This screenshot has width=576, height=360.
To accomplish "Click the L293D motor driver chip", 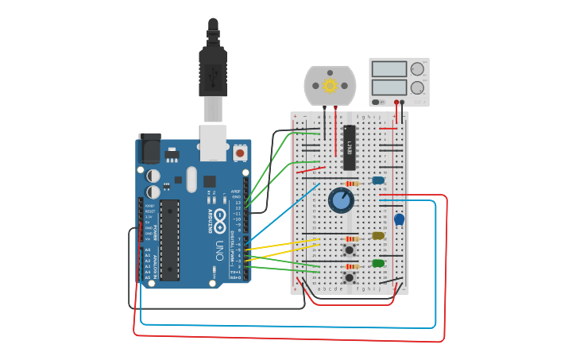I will click(350, 148).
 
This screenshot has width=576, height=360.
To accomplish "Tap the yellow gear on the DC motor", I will click(330, 85).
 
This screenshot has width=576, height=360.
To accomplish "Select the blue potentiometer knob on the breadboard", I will click(342, 200).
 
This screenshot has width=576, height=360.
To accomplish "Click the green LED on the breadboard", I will click(378, 263).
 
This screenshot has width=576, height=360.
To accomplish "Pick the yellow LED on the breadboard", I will click(378, 235).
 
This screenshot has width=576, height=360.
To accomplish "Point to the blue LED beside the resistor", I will click(378, 180).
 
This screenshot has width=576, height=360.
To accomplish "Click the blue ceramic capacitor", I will click(399, 219).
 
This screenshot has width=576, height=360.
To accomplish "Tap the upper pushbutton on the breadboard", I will click(349, 250).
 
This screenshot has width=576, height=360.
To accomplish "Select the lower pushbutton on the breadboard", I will click(349, 277).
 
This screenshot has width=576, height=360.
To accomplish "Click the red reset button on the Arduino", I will click(240, 152).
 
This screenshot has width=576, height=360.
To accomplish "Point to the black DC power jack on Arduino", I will click(149, 149).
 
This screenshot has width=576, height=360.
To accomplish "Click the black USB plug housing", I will click(213, 72).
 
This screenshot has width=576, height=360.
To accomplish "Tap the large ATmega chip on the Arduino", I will click(169, 240).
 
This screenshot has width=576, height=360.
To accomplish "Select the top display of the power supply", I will click(389, 69).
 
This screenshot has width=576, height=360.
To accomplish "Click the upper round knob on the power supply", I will click(417, 69).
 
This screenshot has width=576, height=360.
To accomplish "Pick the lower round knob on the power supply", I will click(417, 87).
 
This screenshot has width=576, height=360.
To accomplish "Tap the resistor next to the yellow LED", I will click(352, 238).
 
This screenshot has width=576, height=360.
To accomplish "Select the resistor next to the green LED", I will click(352, 266).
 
